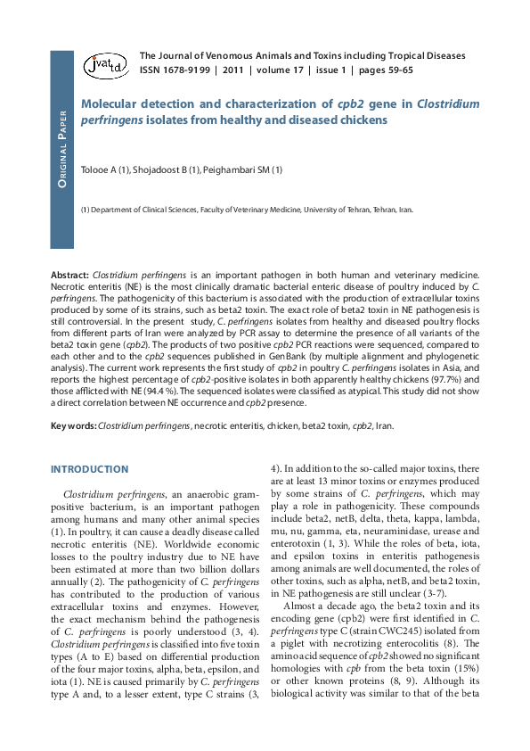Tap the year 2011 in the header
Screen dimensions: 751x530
(x=233, y=70)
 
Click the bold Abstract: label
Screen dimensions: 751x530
(x=69, y=276)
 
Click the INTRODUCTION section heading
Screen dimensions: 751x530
(x=89, y=469)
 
